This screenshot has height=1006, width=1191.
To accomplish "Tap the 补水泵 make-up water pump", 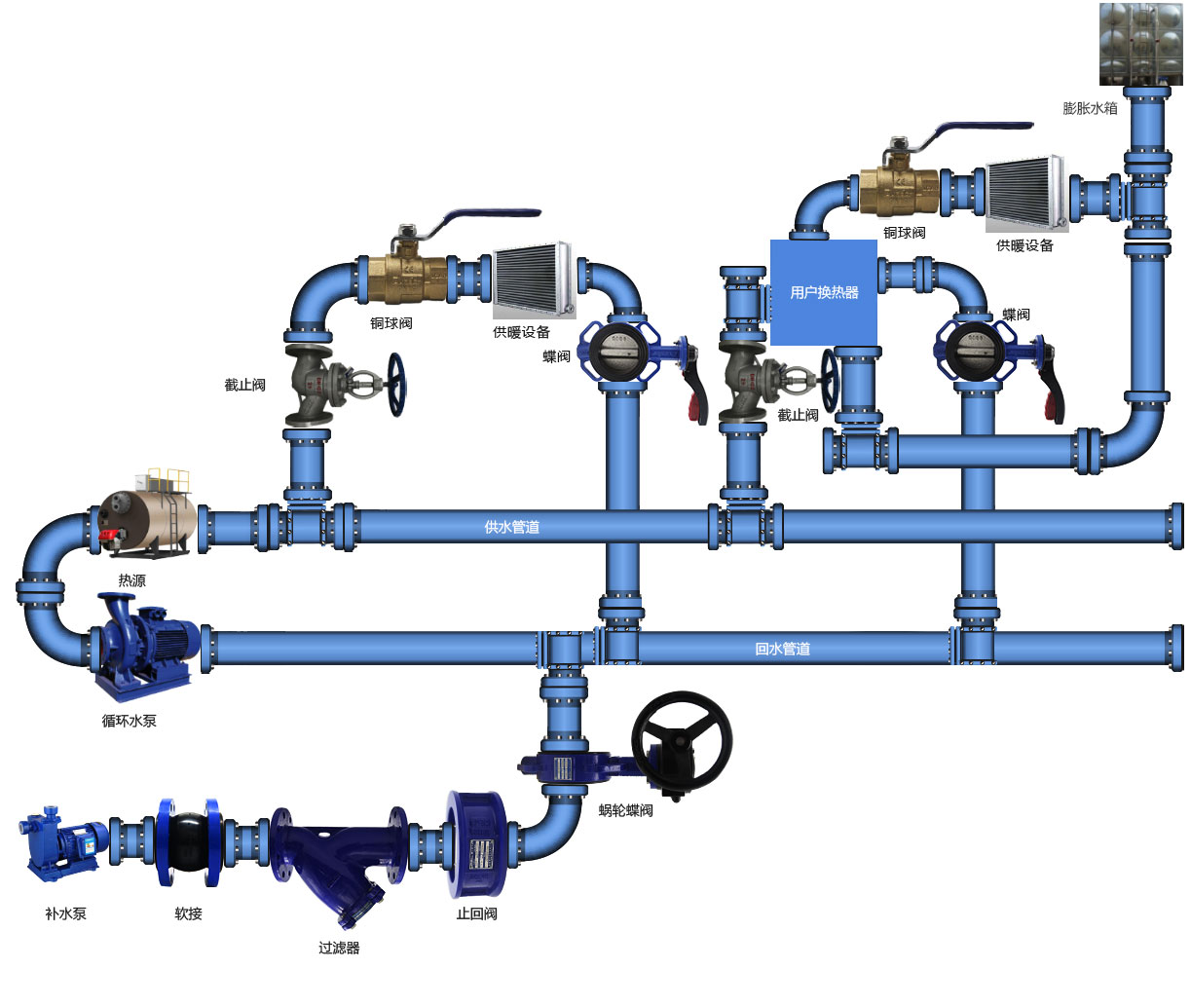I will tap(64, 840).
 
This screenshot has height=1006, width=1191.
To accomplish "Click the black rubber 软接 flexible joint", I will tap(188, 842).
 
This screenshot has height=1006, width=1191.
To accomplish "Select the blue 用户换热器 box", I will tap(824, 292).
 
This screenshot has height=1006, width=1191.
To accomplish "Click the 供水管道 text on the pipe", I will tap(511, 527).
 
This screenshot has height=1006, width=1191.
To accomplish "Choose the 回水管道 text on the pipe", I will tap(782, 649).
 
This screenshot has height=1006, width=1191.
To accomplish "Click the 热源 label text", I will tap(131, 580).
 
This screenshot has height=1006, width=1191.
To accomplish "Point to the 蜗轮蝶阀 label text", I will tap(625, 809).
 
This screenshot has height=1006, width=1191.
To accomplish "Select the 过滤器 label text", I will tap(339, 947).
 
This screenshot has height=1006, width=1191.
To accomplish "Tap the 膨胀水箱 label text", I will tap(1090, 108).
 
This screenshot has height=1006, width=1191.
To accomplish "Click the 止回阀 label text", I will tap(476, 913).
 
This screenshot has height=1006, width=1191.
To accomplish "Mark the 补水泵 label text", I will tap(65, 913).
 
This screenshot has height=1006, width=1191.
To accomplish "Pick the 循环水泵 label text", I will tap(129, 721).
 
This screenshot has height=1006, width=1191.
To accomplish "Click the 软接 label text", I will tap(188, 913).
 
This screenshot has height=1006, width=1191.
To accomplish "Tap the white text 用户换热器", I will tap(824, 292).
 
